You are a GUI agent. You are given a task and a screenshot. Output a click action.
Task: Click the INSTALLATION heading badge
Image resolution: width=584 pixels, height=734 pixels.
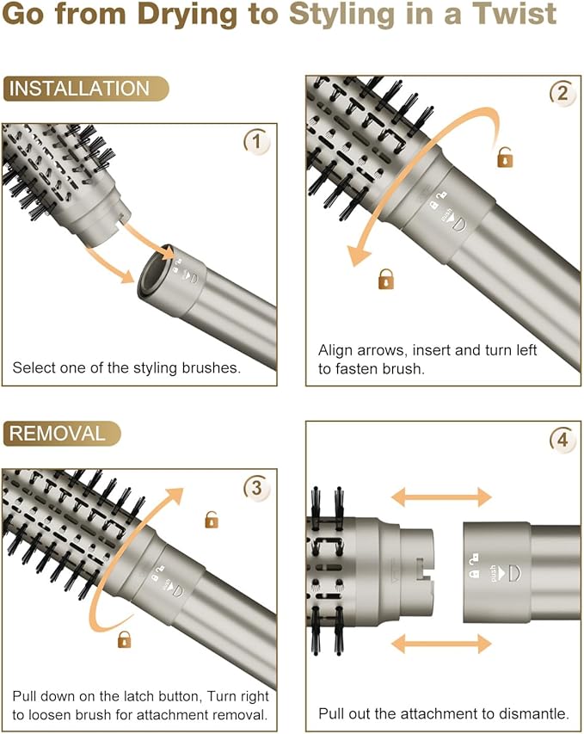[x=86, y=89]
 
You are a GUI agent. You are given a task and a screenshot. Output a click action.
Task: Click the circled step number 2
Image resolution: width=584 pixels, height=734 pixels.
[x=561, y=94]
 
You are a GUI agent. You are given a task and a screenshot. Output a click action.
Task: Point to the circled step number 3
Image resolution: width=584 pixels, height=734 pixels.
[x=256, y=488]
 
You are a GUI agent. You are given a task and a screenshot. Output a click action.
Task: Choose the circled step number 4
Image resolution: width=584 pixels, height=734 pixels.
[x=562, y=440]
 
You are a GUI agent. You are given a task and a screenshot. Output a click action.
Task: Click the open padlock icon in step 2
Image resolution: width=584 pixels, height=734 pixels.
[x=505, y=157]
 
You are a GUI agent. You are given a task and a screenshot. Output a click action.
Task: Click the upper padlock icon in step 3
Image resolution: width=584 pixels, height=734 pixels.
[x=211, y=519]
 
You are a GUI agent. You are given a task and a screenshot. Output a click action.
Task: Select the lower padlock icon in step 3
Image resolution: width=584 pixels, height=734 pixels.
[x=124, y=638]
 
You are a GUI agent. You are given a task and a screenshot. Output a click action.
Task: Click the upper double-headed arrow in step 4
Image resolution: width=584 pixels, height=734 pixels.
[x=443, y=497]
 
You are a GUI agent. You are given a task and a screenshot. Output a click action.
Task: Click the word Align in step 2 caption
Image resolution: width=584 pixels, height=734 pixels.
[x=335, y=350]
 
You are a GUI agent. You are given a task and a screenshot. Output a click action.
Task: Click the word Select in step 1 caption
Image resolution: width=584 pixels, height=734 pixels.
[x=32, y=367]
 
